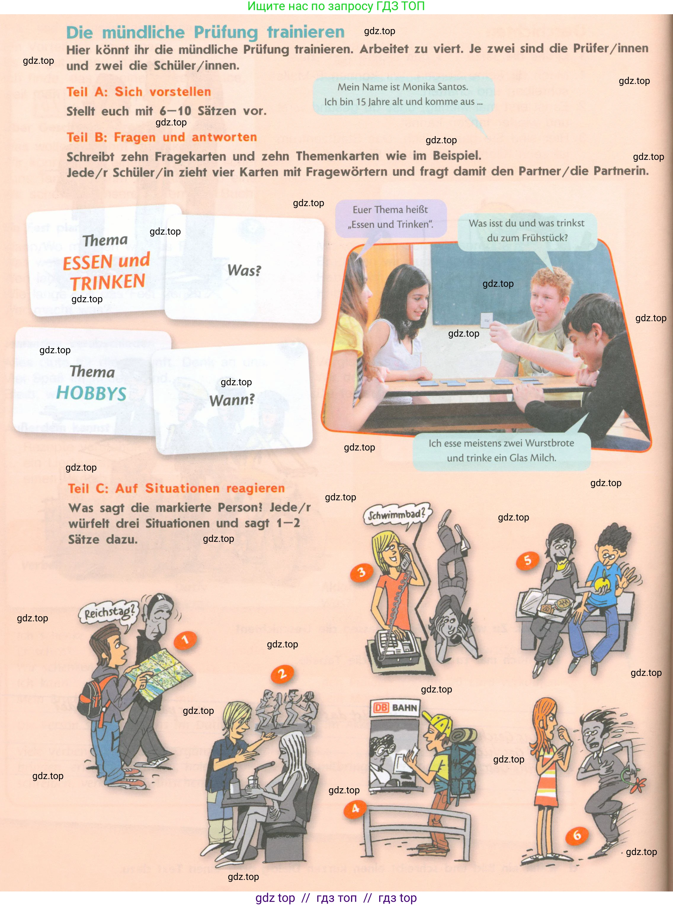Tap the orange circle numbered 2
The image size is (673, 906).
(x=282, y=674)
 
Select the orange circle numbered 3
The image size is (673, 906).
(x=362, y=572)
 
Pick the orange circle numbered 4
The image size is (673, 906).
(x=355, y=808)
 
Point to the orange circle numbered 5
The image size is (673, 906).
(x=528, y=560)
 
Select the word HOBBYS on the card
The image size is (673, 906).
(x=91, y=393)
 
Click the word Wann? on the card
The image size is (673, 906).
(x=232, y=399)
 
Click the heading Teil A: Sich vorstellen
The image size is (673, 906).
(x=139, y=92)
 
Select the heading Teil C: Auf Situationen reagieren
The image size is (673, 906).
(x=177, y=488)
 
